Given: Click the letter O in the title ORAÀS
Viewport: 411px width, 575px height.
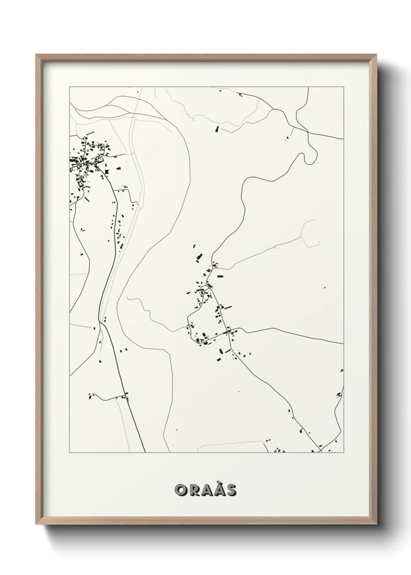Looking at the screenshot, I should (x=181, y=490).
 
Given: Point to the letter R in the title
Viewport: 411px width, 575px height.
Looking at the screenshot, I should (x=193, y=490).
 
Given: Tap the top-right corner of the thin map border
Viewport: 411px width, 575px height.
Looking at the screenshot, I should (x=343, y=87).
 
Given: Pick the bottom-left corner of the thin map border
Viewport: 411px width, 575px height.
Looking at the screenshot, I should (x=70, y=452).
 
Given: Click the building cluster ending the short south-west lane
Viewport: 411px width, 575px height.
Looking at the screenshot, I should (x=91, y=396).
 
